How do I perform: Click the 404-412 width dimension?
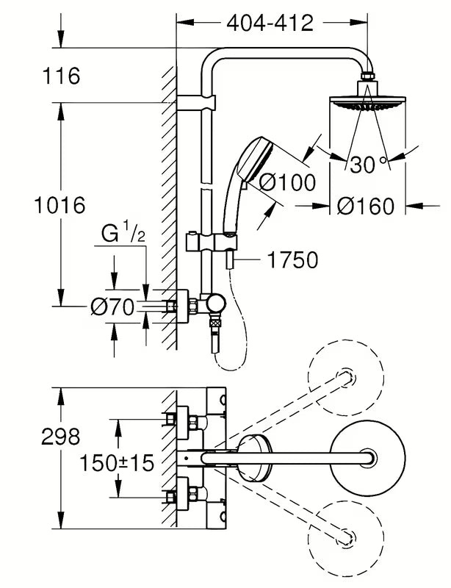[x=270, y=23]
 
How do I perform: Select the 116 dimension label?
[x=61, y=75]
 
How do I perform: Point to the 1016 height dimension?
[x=59, y=204]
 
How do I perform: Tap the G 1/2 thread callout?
[x=122, y=235]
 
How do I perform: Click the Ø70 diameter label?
[x=112, y=308]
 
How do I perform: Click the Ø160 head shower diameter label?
[x=365, y=207]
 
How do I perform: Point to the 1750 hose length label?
[x=292, y=259]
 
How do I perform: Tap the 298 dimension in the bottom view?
[x=60, y=437]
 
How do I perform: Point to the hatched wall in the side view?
[x=168, y=206]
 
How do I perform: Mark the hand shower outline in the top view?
[x=253, y=451]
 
